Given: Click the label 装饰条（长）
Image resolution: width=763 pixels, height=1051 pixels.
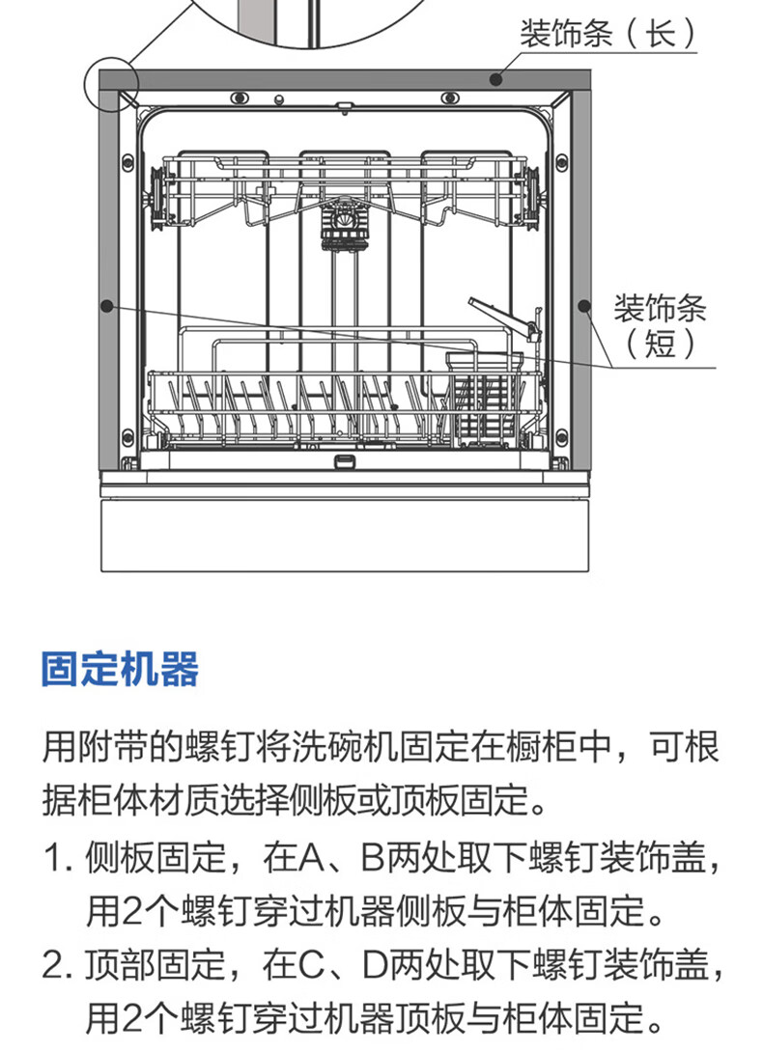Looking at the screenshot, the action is coord(608,34).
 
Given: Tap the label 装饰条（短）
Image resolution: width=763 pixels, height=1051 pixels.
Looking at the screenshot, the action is coord(660,326).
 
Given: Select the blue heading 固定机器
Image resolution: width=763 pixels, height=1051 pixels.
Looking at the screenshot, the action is coord(120,669).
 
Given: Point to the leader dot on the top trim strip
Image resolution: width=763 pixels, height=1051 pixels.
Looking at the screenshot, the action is coord(495,79).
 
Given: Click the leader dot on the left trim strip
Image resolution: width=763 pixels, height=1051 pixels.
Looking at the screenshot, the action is coord(106,306).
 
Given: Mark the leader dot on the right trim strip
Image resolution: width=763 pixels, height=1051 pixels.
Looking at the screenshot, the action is coord(584,306).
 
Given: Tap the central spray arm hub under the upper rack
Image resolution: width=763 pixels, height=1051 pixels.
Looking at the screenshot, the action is coord(345,225).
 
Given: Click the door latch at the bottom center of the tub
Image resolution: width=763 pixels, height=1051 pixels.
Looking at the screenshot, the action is coord(344,460).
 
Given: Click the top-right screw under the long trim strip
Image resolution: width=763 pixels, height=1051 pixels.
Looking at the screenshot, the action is coord(450,97).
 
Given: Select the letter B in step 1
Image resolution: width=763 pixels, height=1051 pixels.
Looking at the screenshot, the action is coord(373,858).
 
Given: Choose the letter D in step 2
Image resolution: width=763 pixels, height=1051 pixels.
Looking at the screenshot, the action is coord(375,965).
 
